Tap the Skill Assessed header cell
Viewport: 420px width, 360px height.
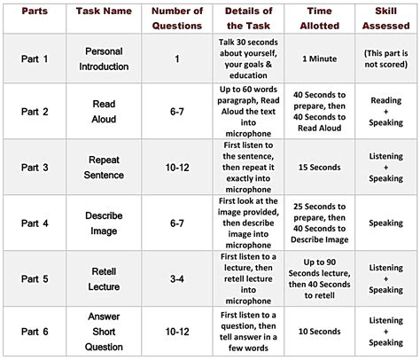coord(385,18)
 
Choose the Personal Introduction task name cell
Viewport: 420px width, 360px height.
coord(104,59)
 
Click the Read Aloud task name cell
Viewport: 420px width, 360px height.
coord(104,111)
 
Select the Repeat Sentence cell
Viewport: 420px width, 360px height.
coord(104,167)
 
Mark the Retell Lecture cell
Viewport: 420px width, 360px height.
coord(104,277)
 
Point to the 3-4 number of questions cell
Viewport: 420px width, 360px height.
coord(177,277)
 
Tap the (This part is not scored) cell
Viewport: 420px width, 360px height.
coord(385,59)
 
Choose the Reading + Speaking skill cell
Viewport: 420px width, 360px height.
coord(385,111)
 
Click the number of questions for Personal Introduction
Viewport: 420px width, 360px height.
coord(177,59)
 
